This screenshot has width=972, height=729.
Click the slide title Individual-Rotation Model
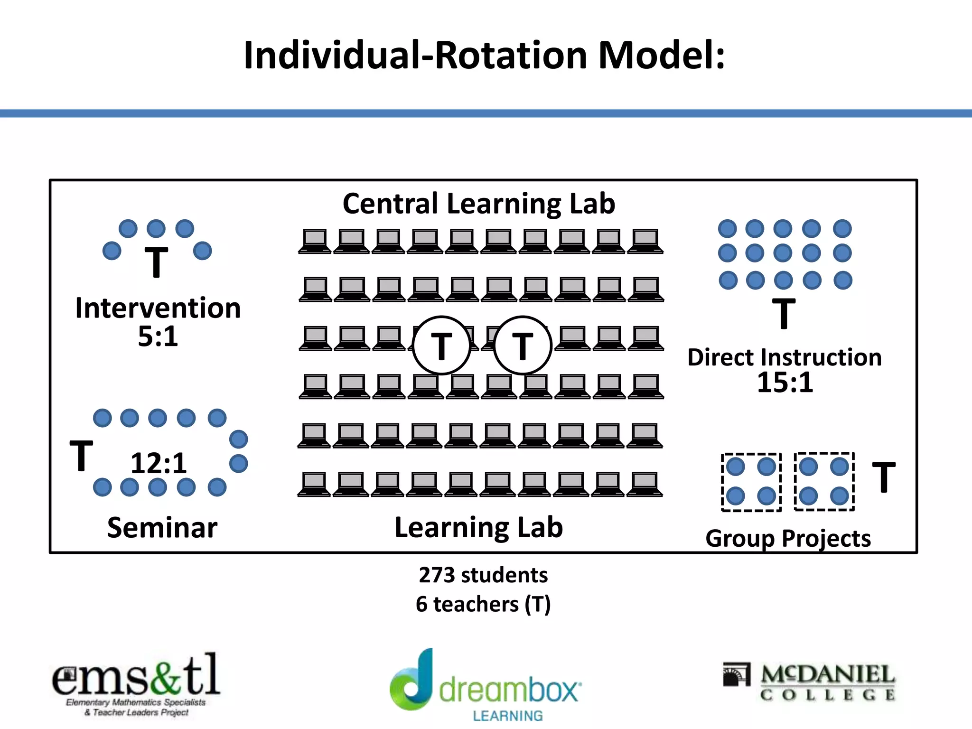(x=484, y=56)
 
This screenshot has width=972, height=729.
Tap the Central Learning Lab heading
(x=479, y=204)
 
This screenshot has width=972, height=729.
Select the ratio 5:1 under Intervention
(x=158, y=336)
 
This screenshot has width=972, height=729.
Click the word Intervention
(x=158, y=308)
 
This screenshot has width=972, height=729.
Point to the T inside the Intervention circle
(x=156, y=262)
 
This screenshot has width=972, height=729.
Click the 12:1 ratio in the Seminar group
(x=159, y=463)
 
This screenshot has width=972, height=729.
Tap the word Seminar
(x=162, y=527)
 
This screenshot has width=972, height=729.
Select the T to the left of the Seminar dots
(x=81, y=456)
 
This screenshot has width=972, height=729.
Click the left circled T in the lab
(x=441, y=346)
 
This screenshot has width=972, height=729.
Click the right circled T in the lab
(x=523, y=346)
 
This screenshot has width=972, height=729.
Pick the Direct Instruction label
(x=784, y=357)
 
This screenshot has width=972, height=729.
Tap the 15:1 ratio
(x=785, y=383)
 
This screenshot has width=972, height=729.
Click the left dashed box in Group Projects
(x=751, y=482)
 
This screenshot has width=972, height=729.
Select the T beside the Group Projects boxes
(x=883, y=477)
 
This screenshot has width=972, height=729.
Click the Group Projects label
(x=788, y=539)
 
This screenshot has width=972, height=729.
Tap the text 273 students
(x=483, y=575)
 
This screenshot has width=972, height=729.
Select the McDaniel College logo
(x=809, y=682)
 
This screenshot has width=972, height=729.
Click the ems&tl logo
(x=136, y=683)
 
